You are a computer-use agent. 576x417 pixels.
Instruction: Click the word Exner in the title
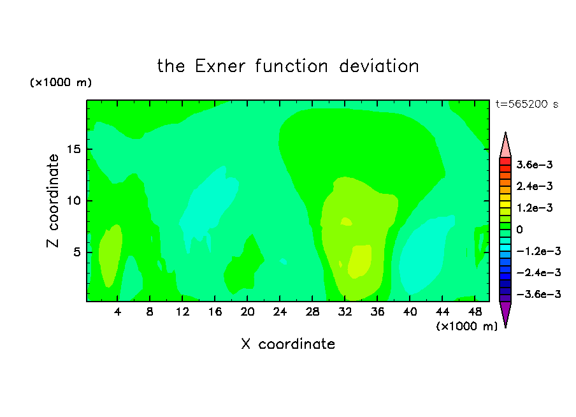coord(220,66)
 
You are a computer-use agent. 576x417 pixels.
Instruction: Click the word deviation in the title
coord(378,66)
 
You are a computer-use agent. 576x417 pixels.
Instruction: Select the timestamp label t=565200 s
coord(527,104)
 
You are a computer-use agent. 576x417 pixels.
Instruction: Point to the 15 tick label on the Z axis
coord(73,149)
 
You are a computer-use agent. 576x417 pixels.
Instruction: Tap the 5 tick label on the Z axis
coord(76,252)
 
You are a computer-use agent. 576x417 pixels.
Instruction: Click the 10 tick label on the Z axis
coord(73,200)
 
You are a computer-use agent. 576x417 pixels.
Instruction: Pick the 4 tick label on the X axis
coord(117,312)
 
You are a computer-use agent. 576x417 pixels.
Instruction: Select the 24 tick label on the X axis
coord(280,312)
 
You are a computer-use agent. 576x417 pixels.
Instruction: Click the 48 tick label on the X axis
coord(475,312)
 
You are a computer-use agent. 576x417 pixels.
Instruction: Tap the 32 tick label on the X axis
coord(345,312)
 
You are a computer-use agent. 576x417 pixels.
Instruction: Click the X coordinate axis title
coord(288,344)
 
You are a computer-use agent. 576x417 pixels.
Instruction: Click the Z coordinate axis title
coord(53,200)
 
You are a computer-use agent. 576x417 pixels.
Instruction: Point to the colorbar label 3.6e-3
coord(535,165)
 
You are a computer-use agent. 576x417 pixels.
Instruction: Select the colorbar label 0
coord(519,230)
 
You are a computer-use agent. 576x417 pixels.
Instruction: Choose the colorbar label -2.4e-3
coord(538,272)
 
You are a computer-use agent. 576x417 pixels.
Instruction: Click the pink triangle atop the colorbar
coord(505,145)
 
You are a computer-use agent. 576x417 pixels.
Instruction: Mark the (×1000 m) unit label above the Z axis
coord(61,82)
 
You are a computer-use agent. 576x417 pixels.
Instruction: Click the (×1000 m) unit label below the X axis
coord(466,326)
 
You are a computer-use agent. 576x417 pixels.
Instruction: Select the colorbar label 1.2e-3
coord(535,208)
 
